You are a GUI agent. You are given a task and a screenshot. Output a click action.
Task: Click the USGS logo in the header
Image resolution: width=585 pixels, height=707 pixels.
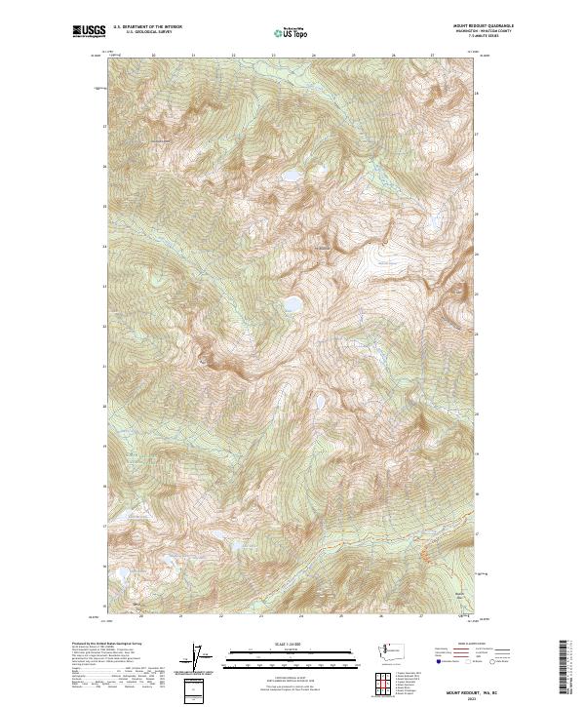click(x=88, y=31)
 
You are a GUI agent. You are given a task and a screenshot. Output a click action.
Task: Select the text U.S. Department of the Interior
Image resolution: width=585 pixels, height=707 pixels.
click(x=147, y=26)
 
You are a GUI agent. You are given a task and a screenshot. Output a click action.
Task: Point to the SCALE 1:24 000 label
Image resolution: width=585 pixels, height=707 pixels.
click(x=290, y=644)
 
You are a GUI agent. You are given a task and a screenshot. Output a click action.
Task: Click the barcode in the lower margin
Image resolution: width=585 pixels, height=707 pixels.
click(x=564, y=669)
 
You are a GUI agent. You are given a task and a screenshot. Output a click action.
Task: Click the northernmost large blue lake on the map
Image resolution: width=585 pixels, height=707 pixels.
click(x=292, y=177)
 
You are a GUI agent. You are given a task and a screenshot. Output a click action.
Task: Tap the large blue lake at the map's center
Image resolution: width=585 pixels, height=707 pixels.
click(x=292, y=305)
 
